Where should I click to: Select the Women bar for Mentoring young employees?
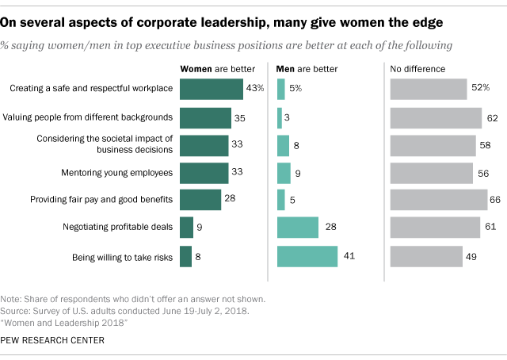pos(204,173)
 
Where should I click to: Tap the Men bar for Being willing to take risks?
pos(307,257)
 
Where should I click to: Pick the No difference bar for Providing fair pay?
pos(438,199)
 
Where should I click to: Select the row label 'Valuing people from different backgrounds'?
pos(89,117)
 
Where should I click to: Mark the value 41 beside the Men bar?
pos(347,257)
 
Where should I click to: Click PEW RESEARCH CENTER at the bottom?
pos(54,340)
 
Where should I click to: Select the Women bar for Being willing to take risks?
pos(186,257)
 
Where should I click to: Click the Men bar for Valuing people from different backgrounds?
pos(279,117)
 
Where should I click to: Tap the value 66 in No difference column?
pos(497,199)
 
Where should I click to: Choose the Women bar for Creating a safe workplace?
pos(212,89)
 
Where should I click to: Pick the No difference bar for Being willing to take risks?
pos(426,257)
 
